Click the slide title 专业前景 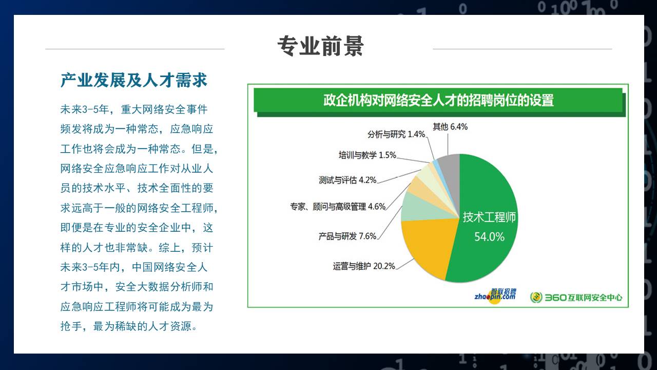[x=321, y=46]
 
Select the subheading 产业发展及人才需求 [x=134, y=80]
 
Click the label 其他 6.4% [x=450, y=127]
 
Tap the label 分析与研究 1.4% [x=396, y=134]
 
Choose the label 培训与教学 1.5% [x=368, y=155]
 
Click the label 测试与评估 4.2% [x=347, y=180]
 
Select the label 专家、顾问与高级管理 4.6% [x=338, y=207]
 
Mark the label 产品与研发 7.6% [x=347, y=236]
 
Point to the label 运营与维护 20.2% [x=364, y=266]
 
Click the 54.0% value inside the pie [x=489, y=237]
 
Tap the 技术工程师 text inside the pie [x=489, y=217]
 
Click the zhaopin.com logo [x=495, y=296]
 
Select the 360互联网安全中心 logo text [x=584, y=298]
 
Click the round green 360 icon [x=536, y=298]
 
